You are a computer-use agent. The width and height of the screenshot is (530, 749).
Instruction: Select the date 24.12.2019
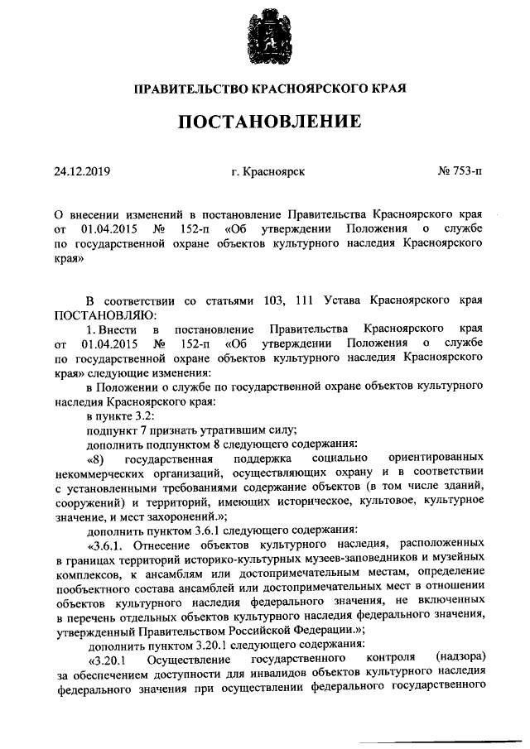click(82, 172)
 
